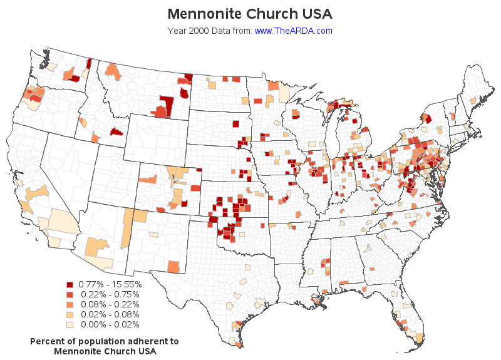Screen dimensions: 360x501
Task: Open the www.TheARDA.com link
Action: click(293, 31)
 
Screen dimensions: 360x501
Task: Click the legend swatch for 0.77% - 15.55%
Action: click(70, 284)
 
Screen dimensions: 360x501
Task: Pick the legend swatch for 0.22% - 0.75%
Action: click(70, 294)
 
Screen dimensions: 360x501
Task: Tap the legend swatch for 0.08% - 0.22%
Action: click(70, 304)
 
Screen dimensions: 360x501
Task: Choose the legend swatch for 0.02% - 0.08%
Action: click(70, 314)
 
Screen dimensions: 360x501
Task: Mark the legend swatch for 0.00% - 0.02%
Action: click(70, 324)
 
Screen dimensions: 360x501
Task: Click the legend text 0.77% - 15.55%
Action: click(110, 284)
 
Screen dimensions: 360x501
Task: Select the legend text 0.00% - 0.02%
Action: click(110, 324)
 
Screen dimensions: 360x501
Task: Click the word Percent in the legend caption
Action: click(47, 341)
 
